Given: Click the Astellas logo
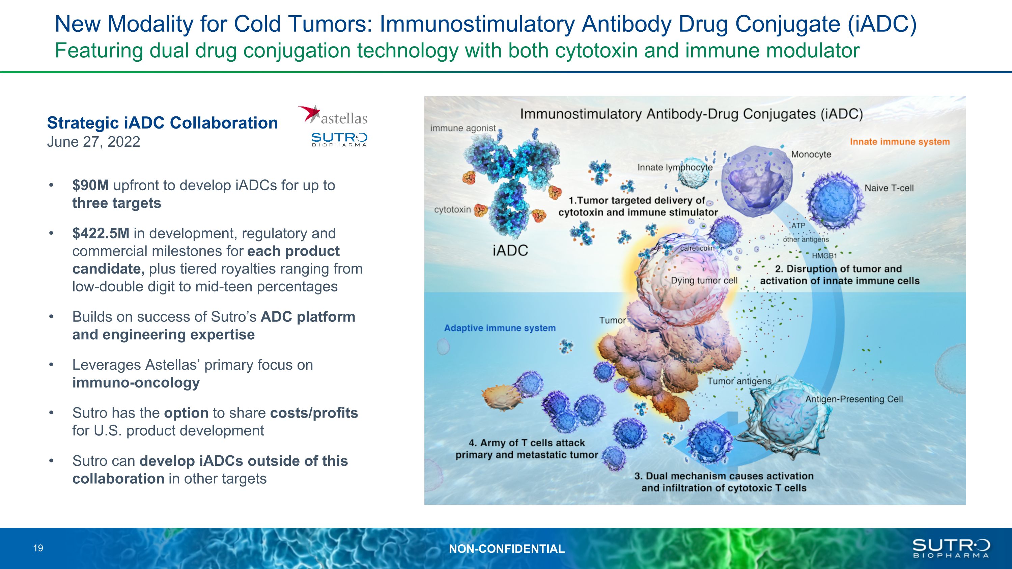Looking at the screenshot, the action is (x=332, y=115).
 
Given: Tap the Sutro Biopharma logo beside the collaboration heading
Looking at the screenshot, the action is (x=339, y=139).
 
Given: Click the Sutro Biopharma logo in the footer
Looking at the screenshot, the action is (x=951, y=548).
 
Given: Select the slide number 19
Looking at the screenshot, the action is (x=38, y=548).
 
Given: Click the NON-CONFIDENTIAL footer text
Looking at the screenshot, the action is (x=507, y=548).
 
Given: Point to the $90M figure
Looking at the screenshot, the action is (x=91, y=186).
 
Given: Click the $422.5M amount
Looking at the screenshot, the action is (x=101, y=233).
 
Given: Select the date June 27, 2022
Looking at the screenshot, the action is (x=93, y=142).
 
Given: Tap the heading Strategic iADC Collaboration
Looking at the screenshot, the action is (x=162, y=123).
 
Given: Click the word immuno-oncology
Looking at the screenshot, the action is (x=136, y=382).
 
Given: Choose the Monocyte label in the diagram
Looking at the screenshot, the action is (x=811, y=154).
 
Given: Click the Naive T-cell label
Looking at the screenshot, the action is (x=889, y=188).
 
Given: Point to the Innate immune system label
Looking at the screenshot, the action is (x=900, y=142).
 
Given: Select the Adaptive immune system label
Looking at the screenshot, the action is (x=500, y=328).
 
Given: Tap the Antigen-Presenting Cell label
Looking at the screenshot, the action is (x=854, y=399).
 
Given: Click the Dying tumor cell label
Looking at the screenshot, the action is (x=704, y=280).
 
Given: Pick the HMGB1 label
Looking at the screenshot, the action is (x=824, y=256).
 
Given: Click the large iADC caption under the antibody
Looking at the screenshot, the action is (x=510, y=250).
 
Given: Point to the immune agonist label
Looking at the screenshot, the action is (x=463, y=129).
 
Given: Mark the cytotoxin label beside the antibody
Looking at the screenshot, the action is (x=452, y=209).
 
